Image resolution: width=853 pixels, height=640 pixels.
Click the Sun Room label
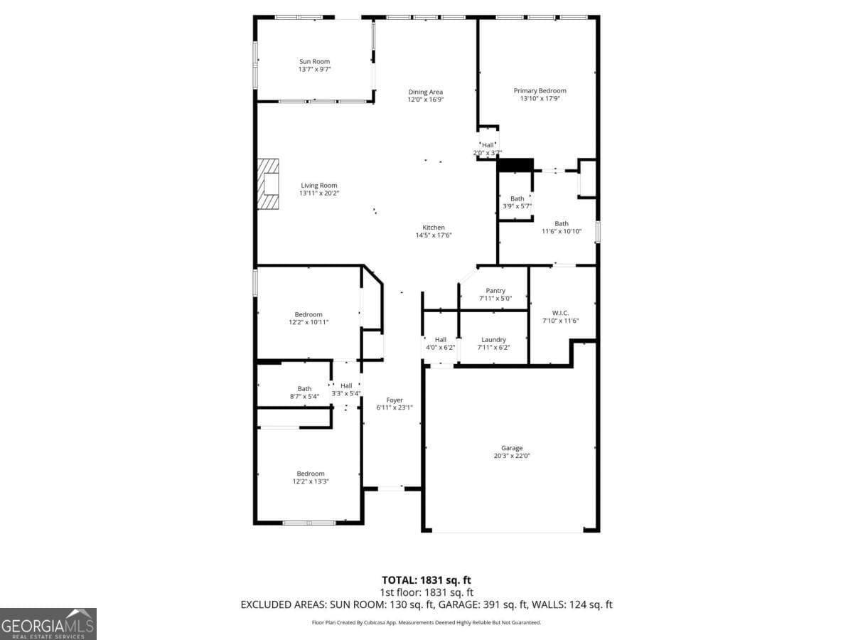(x=314, y=62)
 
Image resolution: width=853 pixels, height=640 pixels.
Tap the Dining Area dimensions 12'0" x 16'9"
(x=426, y=100)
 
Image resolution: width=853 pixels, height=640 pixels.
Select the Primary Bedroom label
(x=540, y=91)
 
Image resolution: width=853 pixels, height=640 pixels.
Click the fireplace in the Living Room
(x=269, y=184)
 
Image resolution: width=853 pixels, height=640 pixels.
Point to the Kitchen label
(x=434, y=228)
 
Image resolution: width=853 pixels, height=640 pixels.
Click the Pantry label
(x=495, y=291)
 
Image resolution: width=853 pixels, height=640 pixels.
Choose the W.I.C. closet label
(x=561, y=313)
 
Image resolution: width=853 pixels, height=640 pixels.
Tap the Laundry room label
(x=493, y=340)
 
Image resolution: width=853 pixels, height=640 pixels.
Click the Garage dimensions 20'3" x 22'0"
(x=512, y=456)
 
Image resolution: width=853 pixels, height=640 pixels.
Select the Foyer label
(x=395, y=400)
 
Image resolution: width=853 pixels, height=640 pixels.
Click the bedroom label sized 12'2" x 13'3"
(x=311, y=474)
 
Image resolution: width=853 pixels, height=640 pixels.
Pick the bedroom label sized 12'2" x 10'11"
(x=309, y=314)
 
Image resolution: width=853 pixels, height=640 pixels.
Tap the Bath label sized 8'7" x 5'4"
(x=304, y=389)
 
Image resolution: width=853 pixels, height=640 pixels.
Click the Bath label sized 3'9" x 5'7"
(x=517, y=198)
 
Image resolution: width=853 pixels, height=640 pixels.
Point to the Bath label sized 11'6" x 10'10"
(x=562, y=223)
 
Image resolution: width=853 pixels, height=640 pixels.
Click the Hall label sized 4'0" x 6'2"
(x=441, y=340)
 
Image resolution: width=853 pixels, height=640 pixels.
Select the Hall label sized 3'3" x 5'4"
(x=346, y=385)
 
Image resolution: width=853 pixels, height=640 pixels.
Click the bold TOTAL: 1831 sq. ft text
(x=426, y=580)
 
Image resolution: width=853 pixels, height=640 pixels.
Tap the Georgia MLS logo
(x=48, y=624)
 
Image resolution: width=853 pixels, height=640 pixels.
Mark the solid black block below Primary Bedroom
(x=515, y=165)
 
